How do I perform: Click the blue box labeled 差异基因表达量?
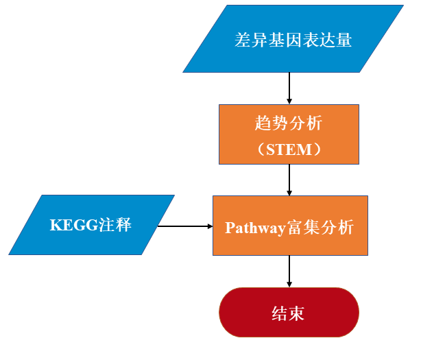coord(293,39)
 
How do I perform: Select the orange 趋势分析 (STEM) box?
coord(289,134)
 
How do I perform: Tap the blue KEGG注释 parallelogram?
coord(91,225)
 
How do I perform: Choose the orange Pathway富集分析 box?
coord(289,225)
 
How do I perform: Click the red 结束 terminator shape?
coord(289,313)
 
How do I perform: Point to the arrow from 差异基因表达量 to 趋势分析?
coord(289,88)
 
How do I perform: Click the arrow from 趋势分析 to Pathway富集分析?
coord(289,180)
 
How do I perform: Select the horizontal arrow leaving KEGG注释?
coord(184,226)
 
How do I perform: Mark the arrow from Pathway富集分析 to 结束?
coord(289,271)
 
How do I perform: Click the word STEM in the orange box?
coord(289,148)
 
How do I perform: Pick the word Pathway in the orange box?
coord(254,227)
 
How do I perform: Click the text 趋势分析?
coord(289,123)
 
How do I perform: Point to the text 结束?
coord(289,313)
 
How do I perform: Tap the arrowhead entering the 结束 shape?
coord(289,283)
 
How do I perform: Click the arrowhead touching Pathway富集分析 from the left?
coord(208,226)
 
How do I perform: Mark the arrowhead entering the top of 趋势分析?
coord(289,101)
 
